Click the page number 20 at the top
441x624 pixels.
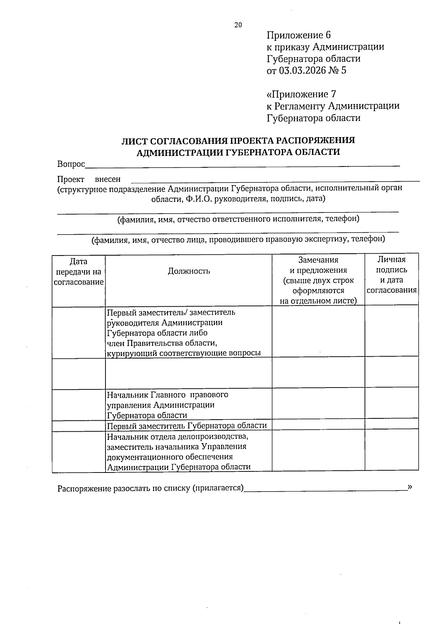coord(238,25)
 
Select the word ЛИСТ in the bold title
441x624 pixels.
coord(134,140)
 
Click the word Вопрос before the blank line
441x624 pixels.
coord(71,164)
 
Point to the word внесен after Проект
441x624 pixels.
coord(108,179)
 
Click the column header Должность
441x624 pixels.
coord(189,271)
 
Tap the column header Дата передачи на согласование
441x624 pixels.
coord(78,272)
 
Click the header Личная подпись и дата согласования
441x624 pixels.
coord(392,275)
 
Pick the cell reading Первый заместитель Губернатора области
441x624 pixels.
coord(187,426)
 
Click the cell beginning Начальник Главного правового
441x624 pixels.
coord(168,405)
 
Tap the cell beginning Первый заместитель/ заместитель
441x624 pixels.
coord(184,332)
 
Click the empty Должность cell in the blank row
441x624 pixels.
coord(188,373)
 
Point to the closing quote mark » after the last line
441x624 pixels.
coord(410,487)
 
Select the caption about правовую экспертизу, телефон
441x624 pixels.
coord(238,239)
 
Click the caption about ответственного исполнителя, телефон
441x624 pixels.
coord(238,219)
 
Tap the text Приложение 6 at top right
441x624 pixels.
coord(298,35)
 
